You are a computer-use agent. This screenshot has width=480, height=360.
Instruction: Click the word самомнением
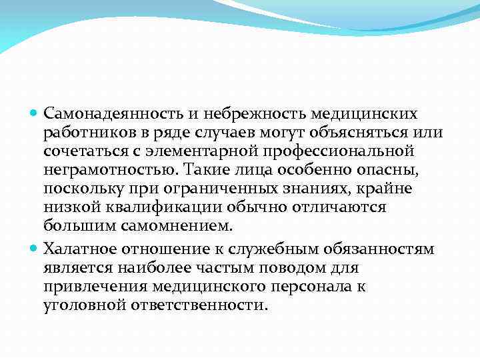pos(177,226)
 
